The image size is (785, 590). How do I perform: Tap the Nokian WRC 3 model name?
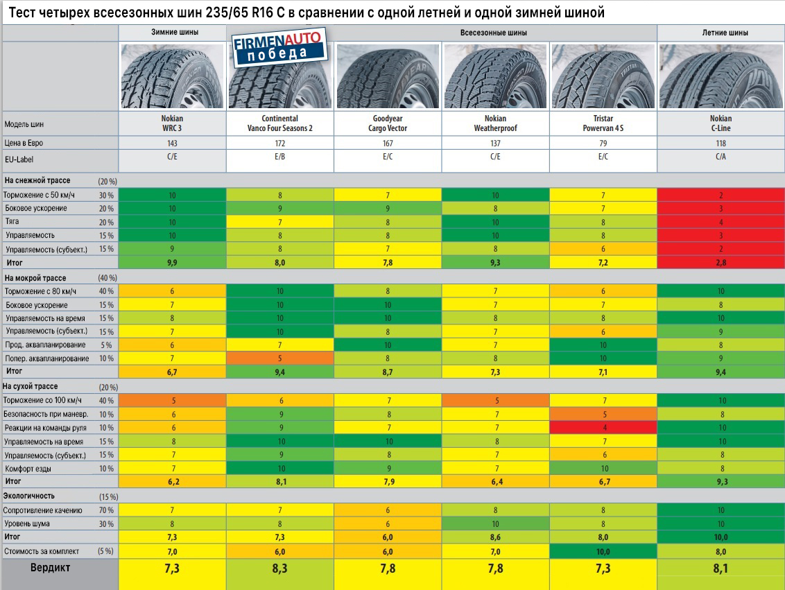click(172, 123)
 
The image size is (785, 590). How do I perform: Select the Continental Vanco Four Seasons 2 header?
click(280, 123)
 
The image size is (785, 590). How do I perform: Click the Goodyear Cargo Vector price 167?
click(388, 144)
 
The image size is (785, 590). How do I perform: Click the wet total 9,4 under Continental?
click(280, 372)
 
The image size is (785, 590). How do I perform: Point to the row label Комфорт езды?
click(28, 469)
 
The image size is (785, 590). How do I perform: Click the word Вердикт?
click(50, 567)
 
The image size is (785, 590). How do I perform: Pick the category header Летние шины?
click(721, 33)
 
